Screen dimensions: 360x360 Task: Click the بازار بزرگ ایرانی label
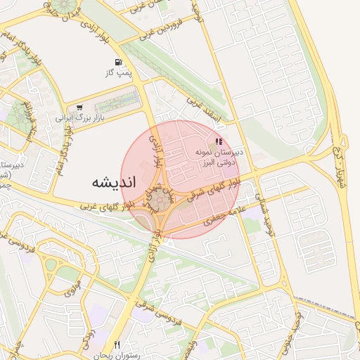[x=80, y=117]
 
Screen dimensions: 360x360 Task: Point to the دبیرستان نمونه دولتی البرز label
[x=218, y=156]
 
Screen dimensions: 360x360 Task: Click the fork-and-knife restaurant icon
[x=117, y=345]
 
